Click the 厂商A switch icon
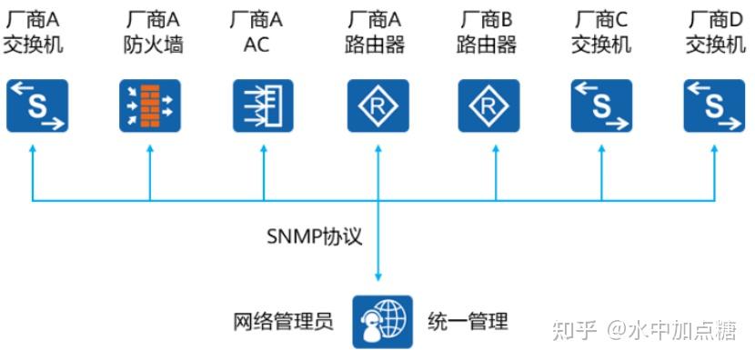pyautogui.click(x=37, y=106)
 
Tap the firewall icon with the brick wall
pyautogui.click(x=150, y=106)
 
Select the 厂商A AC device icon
pyautogui.click(x=264, y=106)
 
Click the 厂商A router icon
pyautogui.click(x=377, y=106)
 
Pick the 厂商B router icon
pyautogui.click(x=488, y=106)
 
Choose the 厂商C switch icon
pyautogui.click(x=601, y=106)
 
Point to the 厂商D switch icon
pyautogui.click(x=714, y=106)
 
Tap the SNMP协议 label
pyautogui.click(x=315, y=237)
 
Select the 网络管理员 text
pyautogui.click(x=283, y=322)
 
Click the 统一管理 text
pyautogui.click(x=468, y=322)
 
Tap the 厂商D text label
pyautogui.click(x=714, y=19)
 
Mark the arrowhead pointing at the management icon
pyautogui.click(x=377, y=276)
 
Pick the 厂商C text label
pyautogui.click(x=601, y=19)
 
